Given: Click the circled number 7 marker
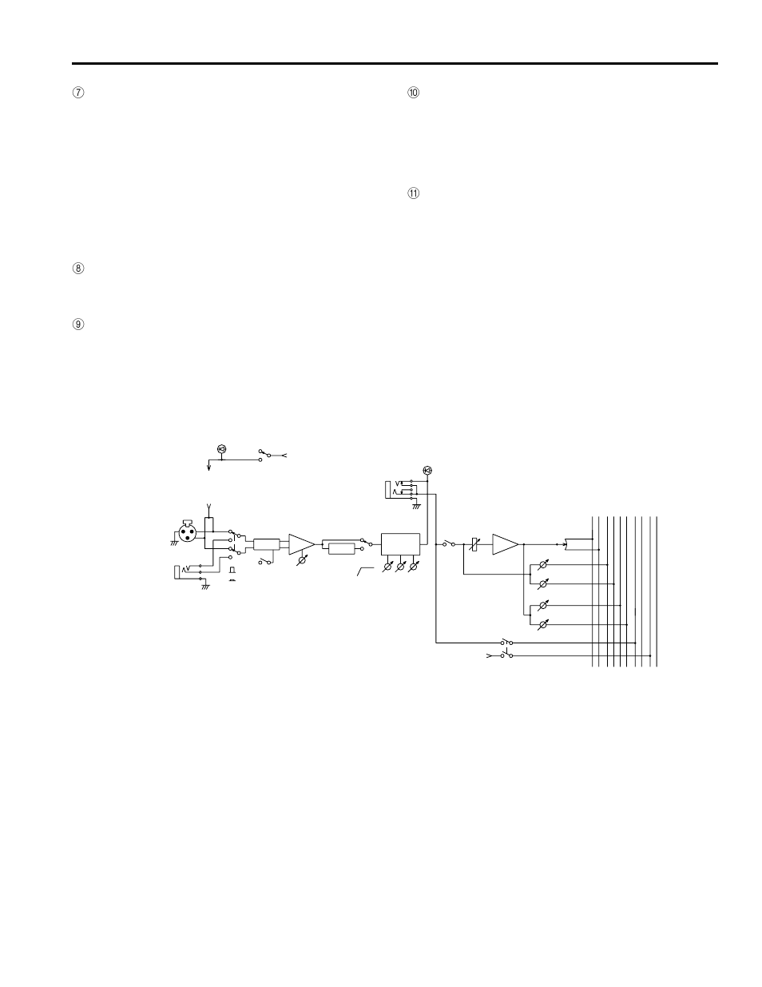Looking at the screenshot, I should (78, 93).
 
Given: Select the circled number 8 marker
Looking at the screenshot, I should (78, 269).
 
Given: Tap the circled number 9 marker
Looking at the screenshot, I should (78, 324).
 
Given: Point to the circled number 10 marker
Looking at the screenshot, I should (413, 93).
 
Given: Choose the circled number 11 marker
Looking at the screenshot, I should (413, 193).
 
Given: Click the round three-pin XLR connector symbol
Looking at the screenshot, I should (190, 532).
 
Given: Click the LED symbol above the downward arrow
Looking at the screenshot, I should (222, 449).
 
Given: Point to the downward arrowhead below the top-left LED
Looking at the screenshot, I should (209, 469).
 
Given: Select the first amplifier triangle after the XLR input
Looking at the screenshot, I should (301, 544).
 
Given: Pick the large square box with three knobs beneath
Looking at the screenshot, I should (401, 545).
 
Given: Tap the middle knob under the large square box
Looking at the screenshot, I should (401, 567).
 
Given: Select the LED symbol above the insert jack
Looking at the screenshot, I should (427, 470).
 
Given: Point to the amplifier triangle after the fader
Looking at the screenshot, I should (505, 544).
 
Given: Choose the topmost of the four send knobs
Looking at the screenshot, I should (543, 564).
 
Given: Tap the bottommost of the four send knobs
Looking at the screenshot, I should (543, 623).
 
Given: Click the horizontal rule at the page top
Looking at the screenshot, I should (395, 63).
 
